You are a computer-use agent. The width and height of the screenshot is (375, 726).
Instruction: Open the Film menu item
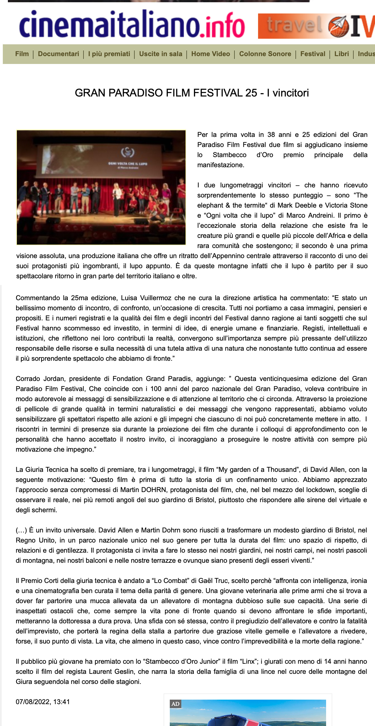pos(22,54)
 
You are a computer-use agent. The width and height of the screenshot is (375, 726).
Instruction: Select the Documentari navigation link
pos(58,54)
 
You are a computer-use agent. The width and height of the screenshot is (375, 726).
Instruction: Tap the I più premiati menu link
pos(109,54)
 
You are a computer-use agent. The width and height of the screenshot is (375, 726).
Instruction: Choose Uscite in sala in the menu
pos(161,54)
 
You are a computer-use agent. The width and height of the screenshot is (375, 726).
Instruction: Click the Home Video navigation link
pos(211,54)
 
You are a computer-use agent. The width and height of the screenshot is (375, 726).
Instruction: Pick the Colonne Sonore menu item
pos(265,54)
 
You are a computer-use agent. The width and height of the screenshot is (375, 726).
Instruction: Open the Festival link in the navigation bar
pos(313,54)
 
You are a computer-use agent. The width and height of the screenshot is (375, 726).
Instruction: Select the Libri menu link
pos(342,54)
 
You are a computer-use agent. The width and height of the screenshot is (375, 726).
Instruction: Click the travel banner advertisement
pos(316,26)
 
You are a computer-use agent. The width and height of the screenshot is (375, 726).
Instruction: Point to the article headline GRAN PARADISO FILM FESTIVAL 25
pos(192,93)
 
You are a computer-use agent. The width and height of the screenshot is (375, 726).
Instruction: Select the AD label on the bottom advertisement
pos(175,704)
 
